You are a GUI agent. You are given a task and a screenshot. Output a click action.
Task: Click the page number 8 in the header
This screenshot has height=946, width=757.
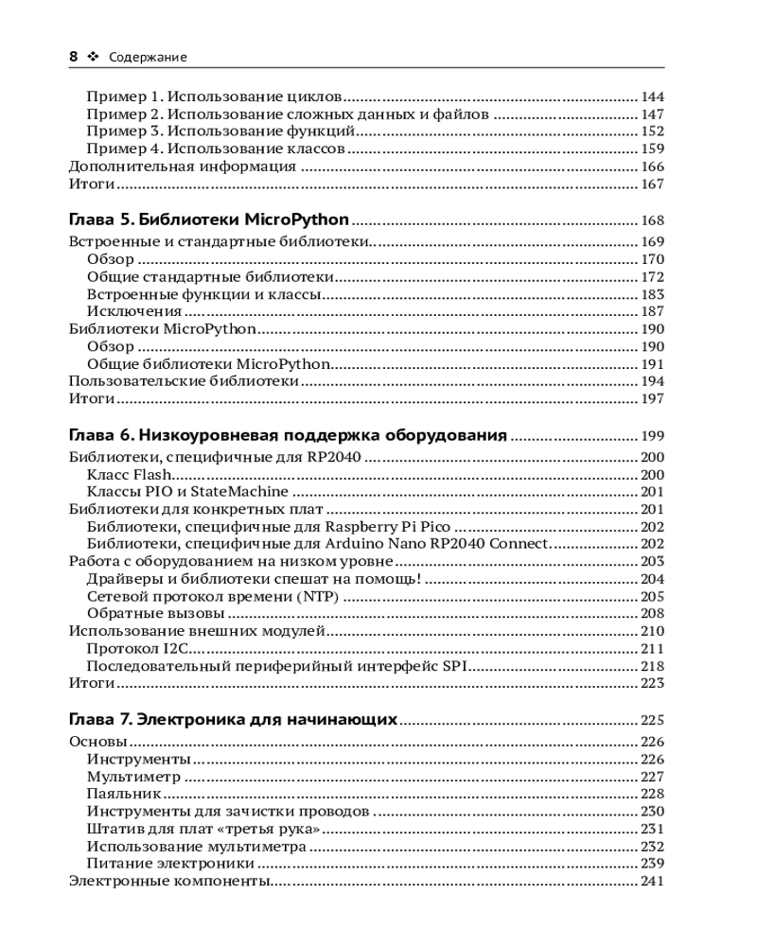coord(73,57)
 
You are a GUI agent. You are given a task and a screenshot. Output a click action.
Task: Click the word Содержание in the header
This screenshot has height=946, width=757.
coord(148,58)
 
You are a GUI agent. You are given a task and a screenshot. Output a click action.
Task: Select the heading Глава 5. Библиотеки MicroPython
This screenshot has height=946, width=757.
coord(209,220)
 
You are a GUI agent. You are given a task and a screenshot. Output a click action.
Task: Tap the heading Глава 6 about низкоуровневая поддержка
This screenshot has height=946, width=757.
coord(289,436)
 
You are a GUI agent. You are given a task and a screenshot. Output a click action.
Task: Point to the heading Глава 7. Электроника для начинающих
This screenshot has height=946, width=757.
coord(233,720)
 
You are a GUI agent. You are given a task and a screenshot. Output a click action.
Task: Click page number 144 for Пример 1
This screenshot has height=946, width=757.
coord(653,96)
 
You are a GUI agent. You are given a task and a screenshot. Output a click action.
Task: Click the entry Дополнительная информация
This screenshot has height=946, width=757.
coord(183,166)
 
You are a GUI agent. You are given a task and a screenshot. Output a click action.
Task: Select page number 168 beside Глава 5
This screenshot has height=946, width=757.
coord(653,221)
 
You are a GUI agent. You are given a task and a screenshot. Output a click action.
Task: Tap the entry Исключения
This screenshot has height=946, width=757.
coord(133,311)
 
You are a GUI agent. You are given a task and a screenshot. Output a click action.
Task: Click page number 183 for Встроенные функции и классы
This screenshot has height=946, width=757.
coord(653,294)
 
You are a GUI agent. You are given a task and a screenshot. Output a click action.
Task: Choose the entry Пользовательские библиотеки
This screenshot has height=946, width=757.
coord(185,381)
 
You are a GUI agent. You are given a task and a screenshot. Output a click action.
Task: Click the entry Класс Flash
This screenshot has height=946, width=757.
coord(128,474)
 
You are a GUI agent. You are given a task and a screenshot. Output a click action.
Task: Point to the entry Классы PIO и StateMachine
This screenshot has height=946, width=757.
coord(187,492)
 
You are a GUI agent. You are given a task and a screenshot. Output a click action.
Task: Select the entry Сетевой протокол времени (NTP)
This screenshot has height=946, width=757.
coord(212,596)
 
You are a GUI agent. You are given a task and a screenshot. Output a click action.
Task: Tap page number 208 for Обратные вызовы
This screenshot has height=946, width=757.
coord(653,614)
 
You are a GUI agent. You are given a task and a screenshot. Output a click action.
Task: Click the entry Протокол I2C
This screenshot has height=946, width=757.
coord(139,648)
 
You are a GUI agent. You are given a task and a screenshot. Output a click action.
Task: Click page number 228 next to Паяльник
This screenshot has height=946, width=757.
coord(653,794)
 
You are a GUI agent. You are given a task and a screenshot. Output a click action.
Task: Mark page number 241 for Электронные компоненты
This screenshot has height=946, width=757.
coord(653,882)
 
